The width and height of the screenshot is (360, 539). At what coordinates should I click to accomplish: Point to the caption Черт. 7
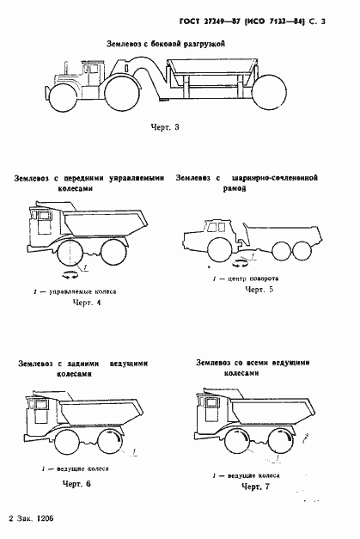coord(255,487)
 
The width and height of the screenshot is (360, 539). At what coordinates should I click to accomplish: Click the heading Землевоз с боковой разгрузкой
coord(166,41)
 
